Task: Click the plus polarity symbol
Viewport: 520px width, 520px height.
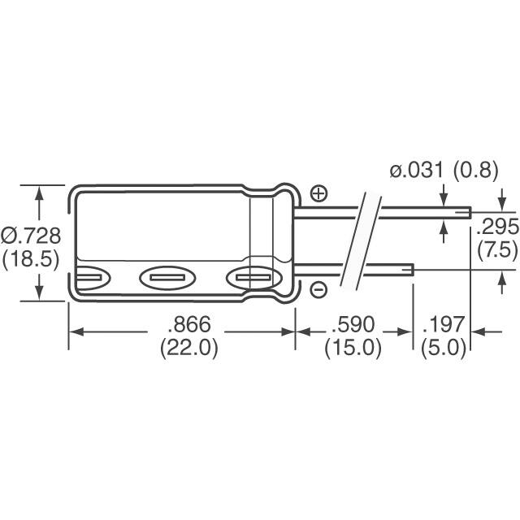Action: (x=318, y=193)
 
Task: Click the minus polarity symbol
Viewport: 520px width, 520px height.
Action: (x=318, y=288)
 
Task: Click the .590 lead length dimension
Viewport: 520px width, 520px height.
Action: (x=353, y=325)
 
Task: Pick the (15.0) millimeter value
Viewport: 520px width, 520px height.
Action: (x=353, y=348)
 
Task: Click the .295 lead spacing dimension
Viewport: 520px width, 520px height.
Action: (x=497, y=227)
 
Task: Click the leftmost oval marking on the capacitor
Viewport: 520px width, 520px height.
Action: (x=90, y=279)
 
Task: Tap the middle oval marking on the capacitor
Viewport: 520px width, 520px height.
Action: (x=168, y=279)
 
